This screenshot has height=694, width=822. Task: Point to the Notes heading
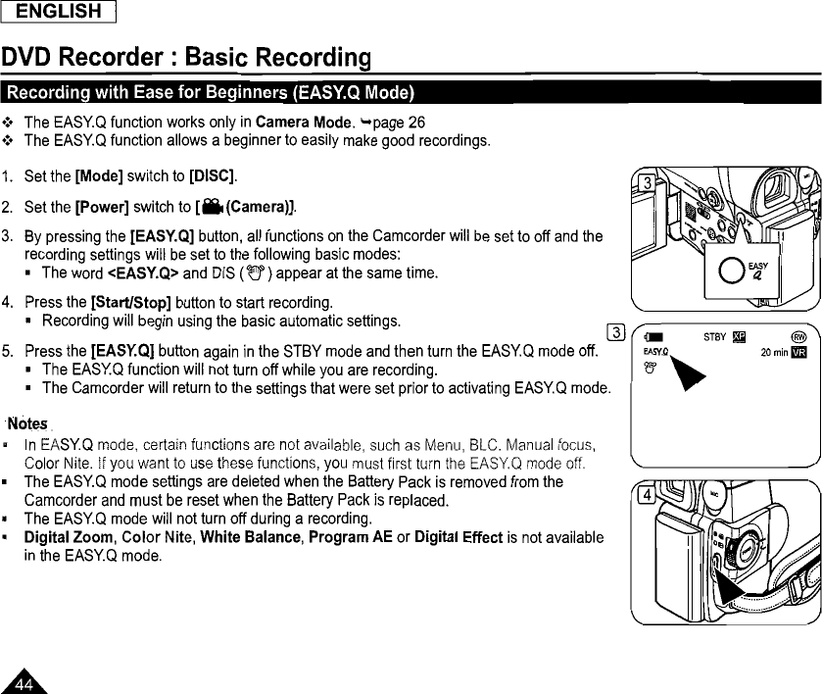(x=28, y=423)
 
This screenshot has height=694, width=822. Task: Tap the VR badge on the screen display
(x=798, y=354)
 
